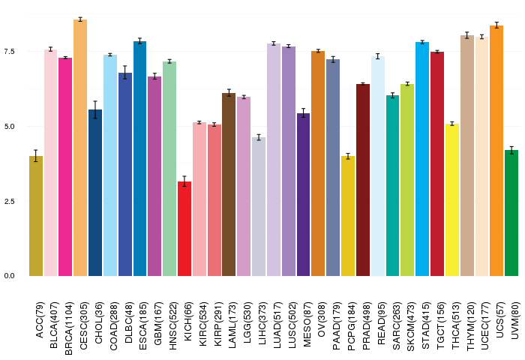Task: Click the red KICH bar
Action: click(x=184, y=229)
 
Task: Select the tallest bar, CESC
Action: click(x=80, y=148)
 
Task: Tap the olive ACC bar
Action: click(x=36, y=216)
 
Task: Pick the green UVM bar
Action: click(x=511, y=213)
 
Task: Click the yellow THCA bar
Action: click(x=452, y=200)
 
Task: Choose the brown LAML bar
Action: click(x=229, y=184)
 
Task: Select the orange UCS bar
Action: click(x=496, y=151)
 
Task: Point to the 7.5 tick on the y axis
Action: click(x=10, y=51)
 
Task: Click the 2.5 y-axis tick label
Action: click(x=10, y=201)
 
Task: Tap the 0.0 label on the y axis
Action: click(x=10, y=276)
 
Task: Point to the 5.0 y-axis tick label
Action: click(x=10, y=126)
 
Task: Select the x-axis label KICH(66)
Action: click(x=187, y=322)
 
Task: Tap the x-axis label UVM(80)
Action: click(x=515, y=320)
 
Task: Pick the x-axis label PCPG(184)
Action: click(x=352, y=326)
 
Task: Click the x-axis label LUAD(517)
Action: click(x=277, y=325)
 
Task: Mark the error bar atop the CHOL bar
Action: click(x=95, y=109)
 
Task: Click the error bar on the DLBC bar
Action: click(x=125, y=72)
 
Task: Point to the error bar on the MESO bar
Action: click(x=303, y=112)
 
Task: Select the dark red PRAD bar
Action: click(x=363, y=180)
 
